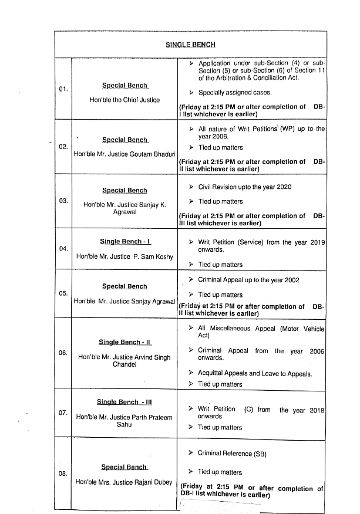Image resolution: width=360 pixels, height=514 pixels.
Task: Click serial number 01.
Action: (63, 89)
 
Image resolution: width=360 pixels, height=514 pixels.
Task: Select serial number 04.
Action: (63, 249)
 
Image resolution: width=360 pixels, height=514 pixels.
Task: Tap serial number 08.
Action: (63, 473)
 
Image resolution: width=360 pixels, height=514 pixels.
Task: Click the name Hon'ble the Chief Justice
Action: (125, 100)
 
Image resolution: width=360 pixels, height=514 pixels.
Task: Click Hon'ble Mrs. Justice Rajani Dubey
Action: (124, 482)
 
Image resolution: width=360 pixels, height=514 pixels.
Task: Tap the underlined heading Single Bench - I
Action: (125, 242)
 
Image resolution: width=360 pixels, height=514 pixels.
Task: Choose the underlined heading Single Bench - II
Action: (125, 342)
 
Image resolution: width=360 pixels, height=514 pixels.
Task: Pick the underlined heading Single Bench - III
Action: (125, 402)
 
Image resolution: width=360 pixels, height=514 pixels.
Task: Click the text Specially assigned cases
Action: (235, 93)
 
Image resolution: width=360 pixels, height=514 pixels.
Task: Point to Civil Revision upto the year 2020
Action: (245, 187)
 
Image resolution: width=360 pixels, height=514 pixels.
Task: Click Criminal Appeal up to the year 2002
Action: (248, 280)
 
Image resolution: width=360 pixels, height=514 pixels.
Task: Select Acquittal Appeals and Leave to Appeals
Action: (255, 373)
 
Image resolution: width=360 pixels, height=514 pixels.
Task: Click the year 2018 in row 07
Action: (315, 410)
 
